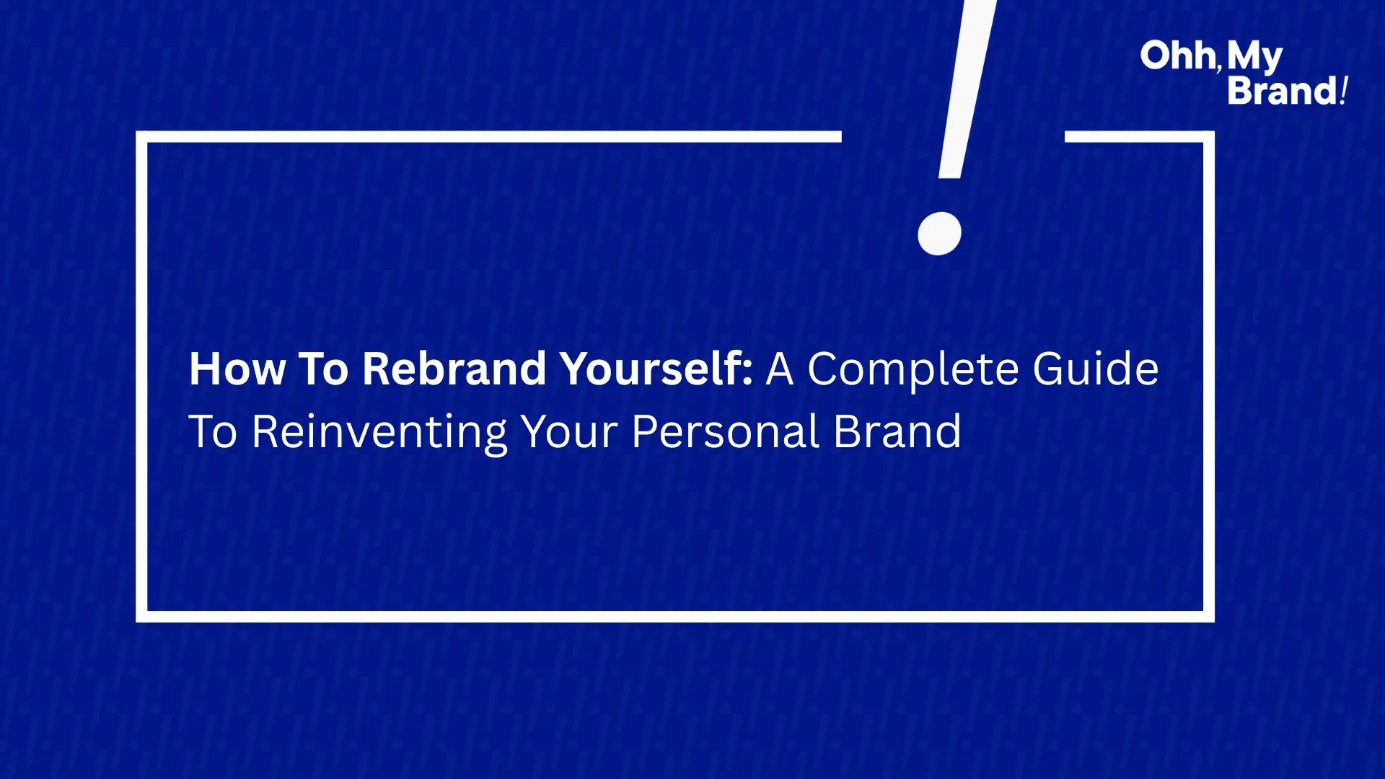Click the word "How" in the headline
[237, 369]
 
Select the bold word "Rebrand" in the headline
[454, 369]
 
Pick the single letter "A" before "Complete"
[780, 369]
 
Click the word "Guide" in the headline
[1096, 369]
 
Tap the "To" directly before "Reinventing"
[213, 432]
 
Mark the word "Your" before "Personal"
[569, 432]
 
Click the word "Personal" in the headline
[725, 432]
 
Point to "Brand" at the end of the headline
[897, 431]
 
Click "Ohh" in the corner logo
[1178, 56]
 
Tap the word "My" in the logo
[1255, 58]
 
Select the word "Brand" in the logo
[1283, 91]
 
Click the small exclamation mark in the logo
[1343, 91]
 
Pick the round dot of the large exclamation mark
[939, 233]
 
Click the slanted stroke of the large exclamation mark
[967, 89]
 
